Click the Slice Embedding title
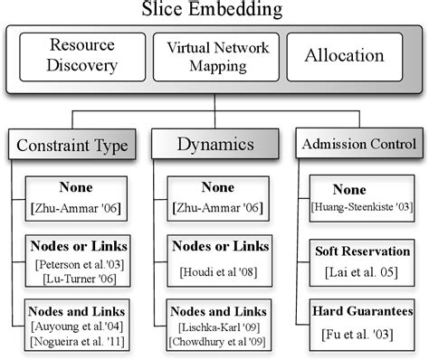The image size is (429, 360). (214, 10)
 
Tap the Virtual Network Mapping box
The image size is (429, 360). (215, 56)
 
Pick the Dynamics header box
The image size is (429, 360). (214, 143)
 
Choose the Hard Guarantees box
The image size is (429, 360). (362, 322)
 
